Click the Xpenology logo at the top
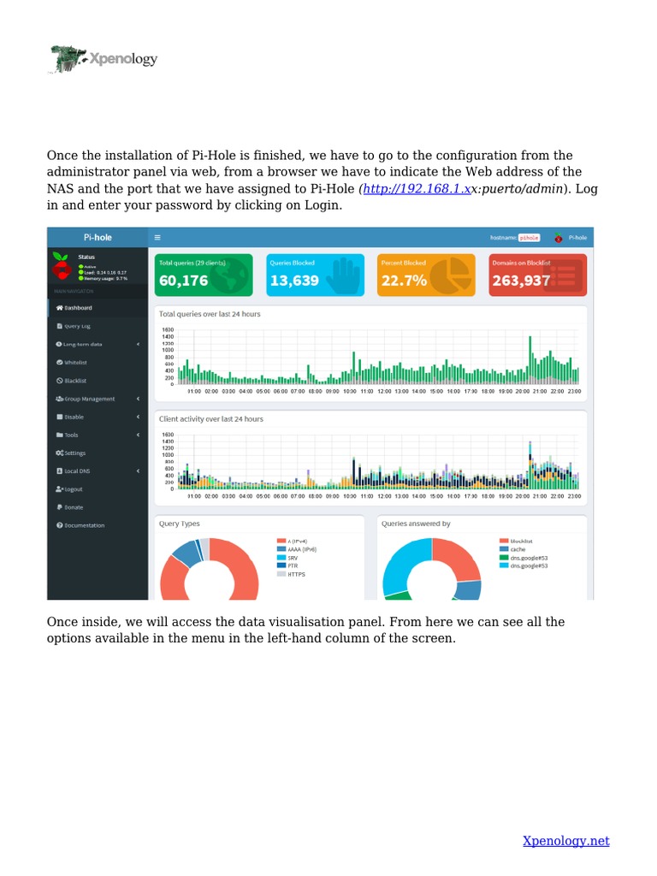click(x=103, y=59)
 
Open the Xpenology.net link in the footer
click(x=565, y=841)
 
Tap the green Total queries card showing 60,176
click(x=204, y=275)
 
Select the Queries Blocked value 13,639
click(x=294, y=281)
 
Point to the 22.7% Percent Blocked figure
click(x=405, y=281)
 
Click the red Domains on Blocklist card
click(x=537, y=275)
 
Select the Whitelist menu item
click(x=76, y=362)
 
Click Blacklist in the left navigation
click(x=75, y=381)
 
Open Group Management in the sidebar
click(x=89, y=399)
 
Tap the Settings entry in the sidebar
click(x=74, y=453)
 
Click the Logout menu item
click(x=73, y=489)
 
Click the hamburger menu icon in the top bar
click(x=158, y=237)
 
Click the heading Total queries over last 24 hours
click(x=210, y=314)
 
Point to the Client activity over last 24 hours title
click(x=211, y=419)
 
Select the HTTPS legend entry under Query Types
click(x=296, y=574)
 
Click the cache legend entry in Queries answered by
click(x=518, y=549)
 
